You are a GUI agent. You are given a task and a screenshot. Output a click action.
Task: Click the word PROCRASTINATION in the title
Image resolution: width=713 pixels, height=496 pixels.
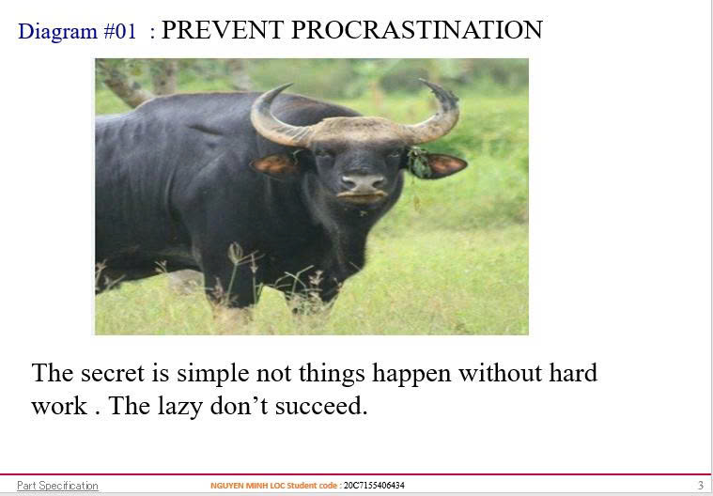point(416,30)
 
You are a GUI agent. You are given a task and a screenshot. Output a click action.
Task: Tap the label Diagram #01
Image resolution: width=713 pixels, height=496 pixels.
point(77,31)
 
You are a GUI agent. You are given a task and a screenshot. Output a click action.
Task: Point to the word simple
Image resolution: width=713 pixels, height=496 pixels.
point(213,374)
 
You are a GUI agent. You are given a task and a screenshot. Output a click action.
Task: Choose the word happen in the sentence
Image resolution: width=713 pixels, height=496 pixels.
point(411,374)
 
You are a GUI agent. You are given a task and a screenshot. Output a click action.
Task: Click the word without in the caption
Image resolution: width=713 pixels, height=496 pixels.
point(500,373)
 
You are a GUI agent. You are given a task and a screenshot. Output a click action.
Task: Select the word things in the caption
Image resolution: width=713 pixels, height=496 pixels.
point(332,374)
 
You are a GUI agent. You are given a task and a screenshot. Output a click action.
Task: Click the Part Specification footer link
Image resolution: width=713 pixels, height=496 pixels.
point(57,486)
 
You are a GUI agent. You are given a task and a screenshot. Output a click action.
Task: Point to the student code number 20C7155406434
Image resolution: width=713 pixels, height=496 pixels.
point(374,486)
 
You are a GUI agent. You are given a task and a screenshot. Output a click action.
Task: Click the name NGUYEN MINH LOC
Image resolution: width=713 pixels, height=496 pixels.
point(247,486)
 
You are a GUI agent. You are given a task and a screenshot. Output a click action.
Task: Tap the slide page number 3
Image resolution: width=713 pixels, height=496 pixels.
point(701,486)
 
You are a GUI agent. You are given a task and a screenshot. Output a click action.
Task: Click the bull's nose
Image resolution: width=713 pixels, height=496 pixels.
point(363,183)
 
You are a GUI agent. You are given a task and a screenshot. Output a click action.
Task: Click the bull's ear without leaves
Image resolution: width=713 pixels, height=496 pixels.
point(276,164)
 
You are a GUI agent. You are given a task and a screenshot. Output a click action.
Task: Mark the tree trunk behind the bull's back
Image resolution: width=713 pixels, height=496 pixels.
point(123,85)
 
